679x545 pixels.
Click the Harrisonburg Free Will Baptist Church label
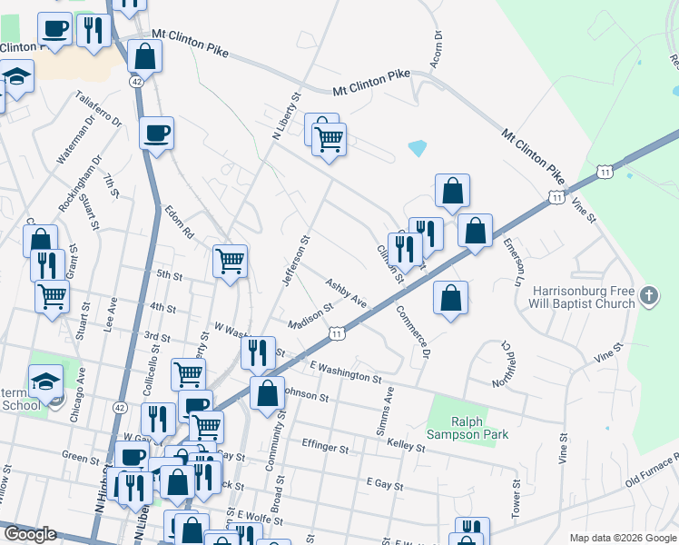583,297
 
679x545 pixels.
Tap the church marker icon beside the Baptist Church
648,296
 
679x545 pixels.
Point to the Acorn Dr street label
438,48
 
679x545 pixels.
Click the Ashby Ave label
346,292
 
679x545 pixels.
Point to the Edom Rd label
180,223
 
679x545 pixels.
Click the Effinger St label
325,448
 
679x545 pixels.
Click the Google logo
30,534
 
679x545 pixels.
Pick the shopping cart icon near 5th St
231,262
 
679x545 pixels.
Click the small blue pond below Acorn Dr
418,147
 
